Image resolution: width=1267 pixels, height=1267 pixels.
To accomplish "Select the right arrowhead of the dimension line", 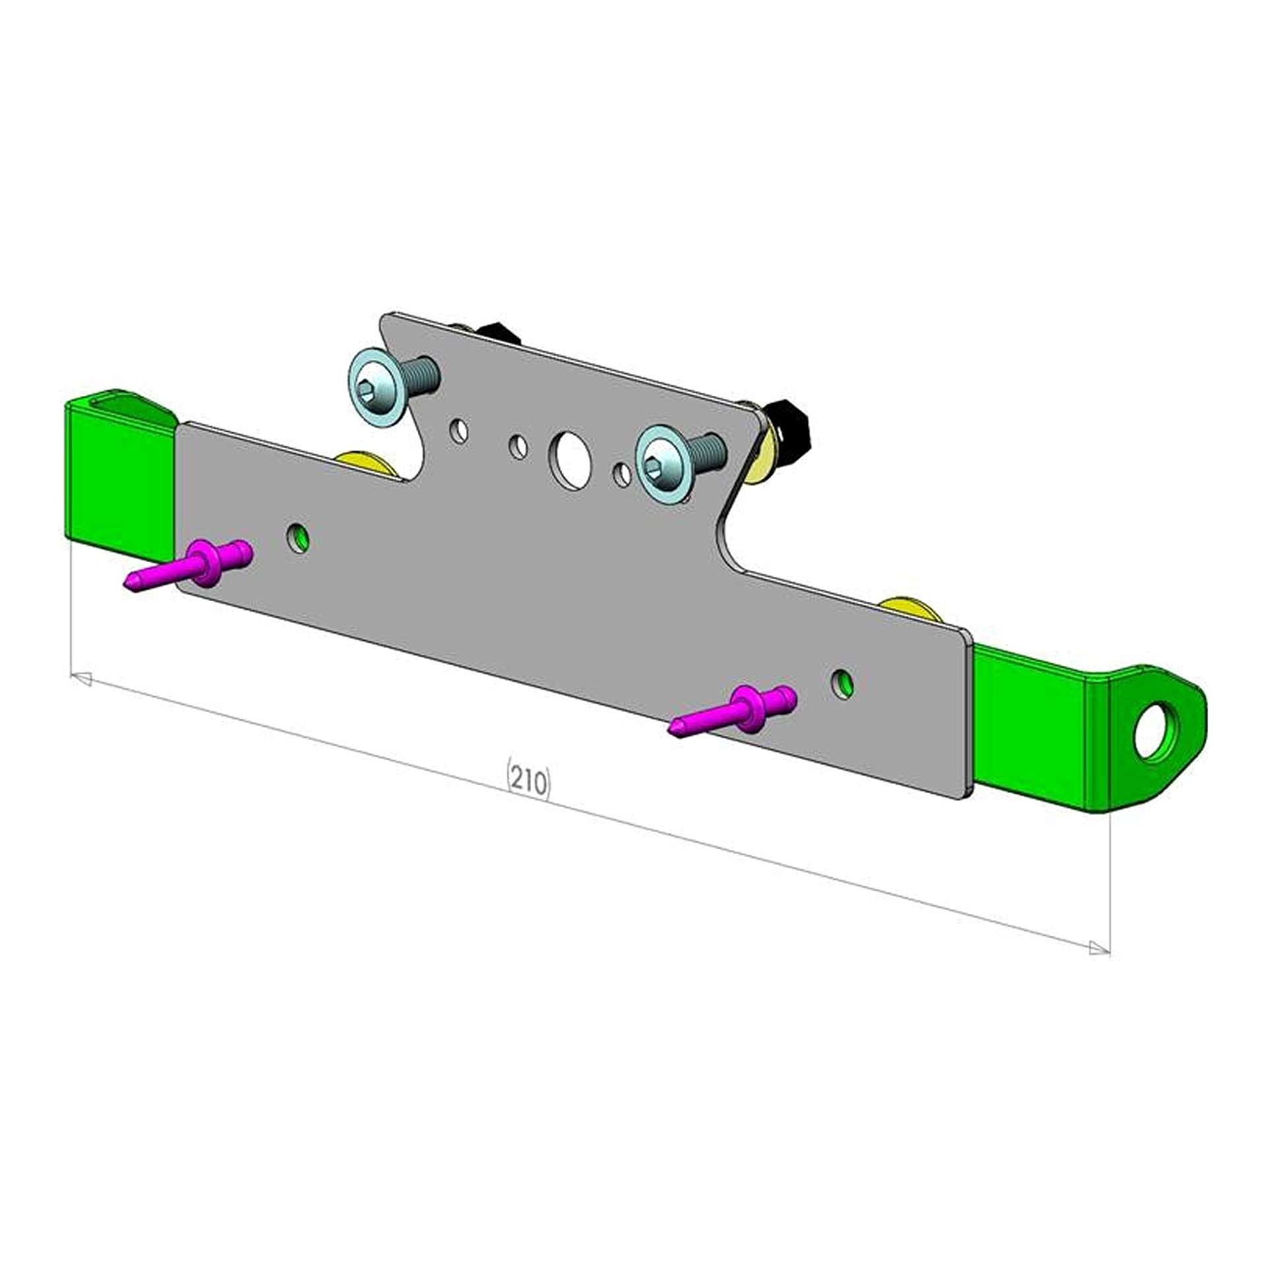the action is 1099,948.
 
